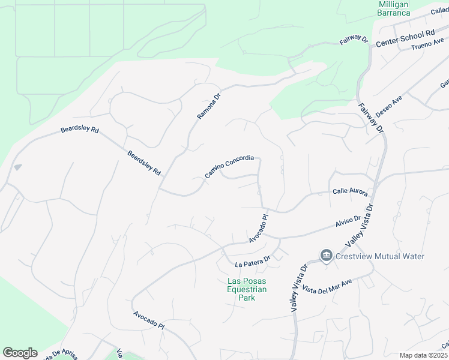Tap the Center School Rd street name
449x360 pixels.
[405, 38]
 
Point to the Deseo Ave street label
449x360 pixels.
[388, 106]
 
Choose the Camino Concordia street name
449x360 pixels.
[229, 167]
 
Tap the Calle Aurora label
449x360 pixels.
[349, 191]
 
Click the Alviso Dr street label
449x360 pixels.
[348, 223]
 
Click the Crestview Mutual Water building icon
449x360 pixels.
[326, 256]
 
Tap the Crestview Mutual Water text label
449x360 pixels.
[380, 257]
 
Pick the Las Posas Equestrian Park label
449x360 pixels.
[246, 290]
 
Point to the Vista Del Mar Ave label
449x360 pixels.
[327, 284]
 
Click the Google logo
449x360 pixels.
[20, 353]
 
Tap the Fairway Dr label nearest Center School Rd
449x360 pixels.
[354, 40]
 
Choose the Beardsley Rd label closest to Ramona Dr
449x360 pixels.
[144, 163]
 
